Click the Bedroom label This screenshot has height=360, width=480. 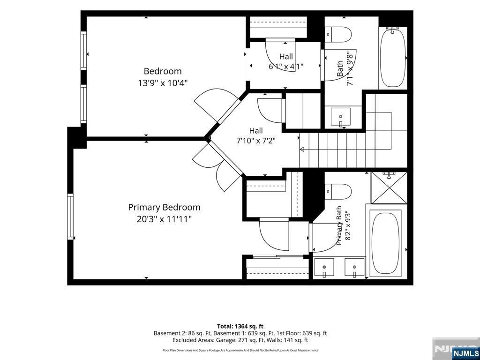pyautogui.click(x=163, y=71)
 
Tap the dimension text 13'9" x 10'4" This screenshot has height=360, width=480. pyautogui.click(x=163, y=83)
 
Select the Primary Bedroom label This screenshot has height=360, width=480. pyautogui.click(x=164, y=208)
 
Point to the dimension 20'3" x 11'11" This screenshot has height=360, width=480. pyautogui.click(x=164, y=219)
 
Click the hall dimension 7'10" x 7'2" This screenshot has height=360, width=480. pyautogui.click(x=256, y=141)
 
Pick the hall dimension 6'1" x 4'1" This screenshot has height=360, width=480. pyautogui.click(x=286, y=66)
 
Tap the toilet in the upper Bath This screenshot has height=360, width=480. pyautogui.click(x=337, y=35)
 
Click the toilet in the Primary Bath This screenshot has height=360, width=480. pyautogui.click(x=337, y=192)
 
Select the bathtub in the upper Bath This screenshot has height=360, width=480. pyautogui.click(x=393, y=58)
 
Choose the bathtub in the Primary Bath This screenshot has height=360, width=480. pyautogui.click(x=386, y=242)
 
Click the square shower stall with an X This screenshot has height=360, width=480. pyautogui.click(x=389, y=187)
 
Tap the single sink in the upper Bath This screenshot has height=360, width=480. pyautogui.click(x=341, y=117)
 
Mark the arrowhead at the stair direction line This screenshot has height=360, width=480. pyautogui.click(x=301, y=150)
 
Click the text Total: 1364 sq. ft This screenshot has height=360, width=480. pyautogui.click(x=240, y=326)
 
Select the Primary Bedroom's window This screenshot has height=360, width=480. pyautogui.click(x=71, y=217)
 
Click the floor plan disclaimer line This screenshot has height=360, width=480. pyautogui.click(x=240, y=350)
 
